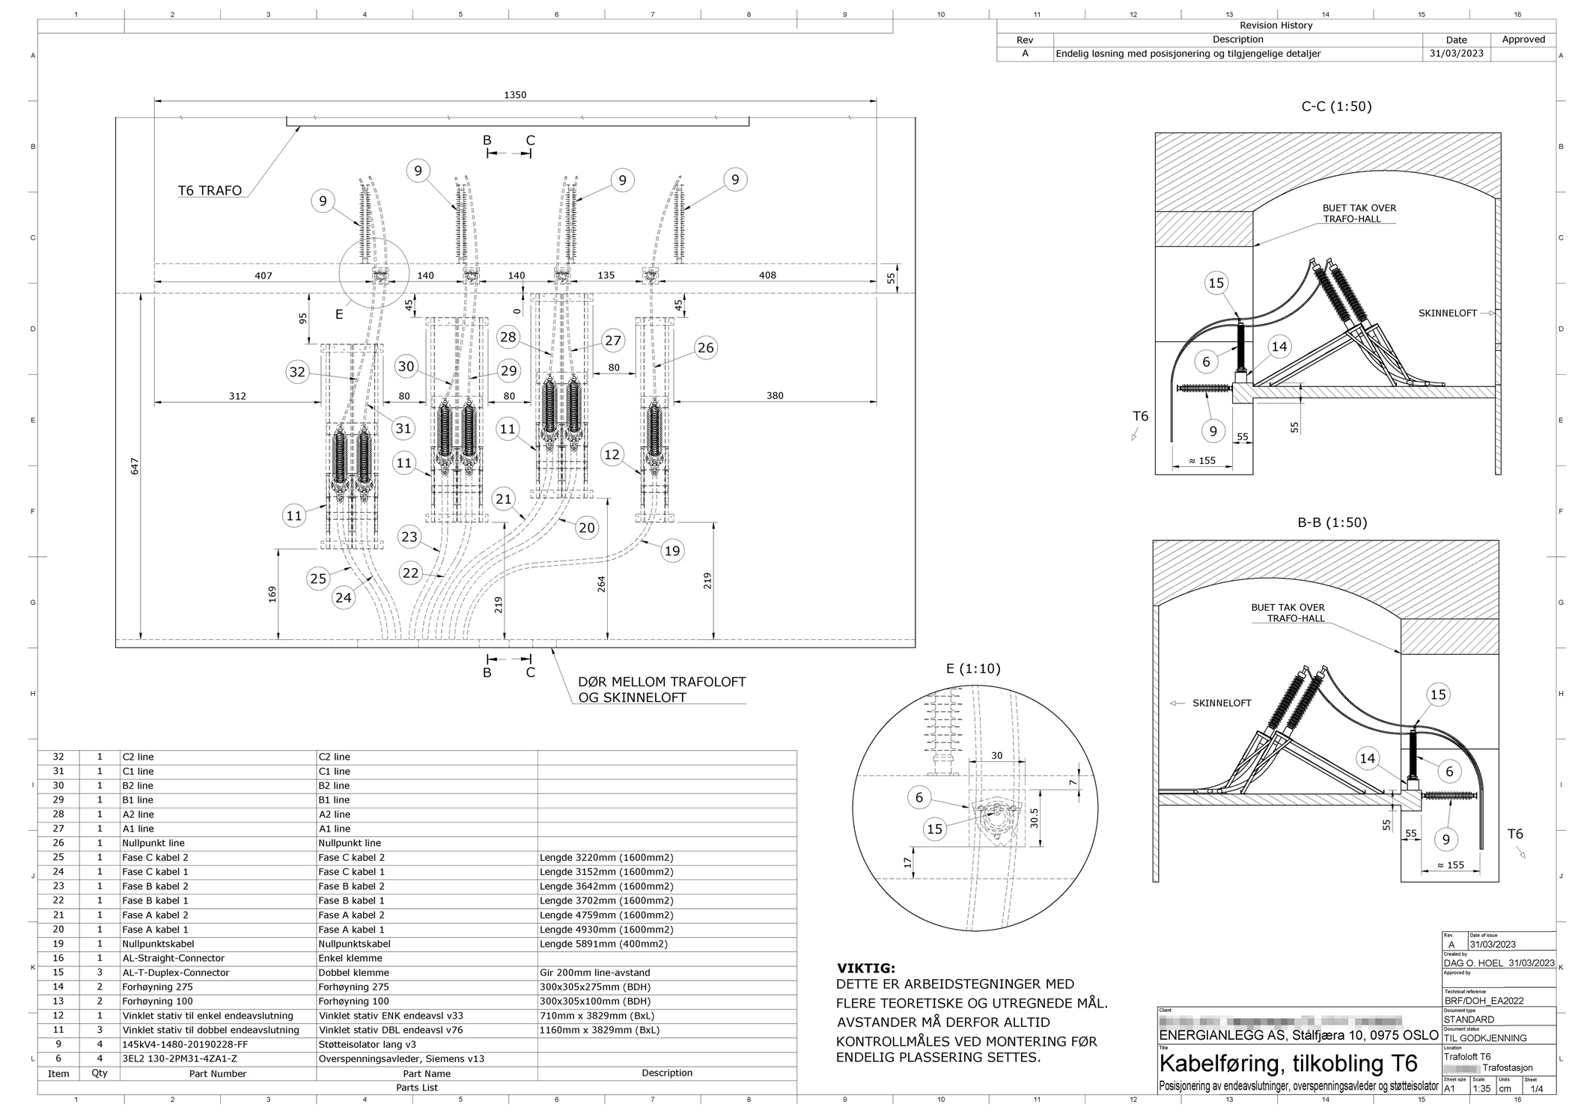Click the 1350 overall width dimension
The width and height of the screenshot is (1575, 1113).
515,95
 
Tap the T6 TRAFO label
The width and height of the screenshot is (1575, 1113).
210,190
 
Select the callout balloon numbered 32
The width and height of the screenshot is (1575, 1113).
298,372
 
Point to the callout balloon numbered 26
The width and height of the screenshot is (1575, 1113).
705,347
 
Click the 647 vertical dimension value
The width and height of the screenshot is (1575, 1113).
135,466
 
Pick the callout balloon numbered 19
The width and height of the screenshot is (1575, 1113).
672,551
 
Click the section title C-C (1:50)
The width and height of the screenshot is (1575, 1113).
1336,106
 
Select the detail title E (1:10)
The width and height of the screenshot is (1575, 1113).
973,668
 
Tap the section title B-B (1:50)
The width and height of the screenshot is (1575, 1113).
1332,522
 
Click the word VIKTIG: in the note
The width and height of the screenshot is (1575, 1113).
865,969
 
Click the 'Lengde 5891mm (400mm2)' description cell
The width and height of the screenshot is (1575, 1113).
603,944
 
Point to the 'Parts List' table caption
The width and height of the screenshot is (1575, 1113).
417,1087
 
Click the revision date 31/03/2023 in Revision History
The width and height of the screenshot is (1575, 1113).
1456,54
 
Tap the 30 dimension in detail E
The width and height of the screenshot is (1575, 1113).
996,755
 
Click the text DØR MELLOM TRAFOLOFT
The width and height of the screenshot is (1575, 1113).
662,682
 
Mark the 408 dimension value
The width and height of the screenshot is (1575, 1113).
767,275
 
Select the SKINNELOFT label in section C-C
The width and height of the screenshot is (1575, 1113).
1447,313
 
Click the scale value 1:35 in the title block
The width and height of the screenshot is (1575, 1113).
1481,1088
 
